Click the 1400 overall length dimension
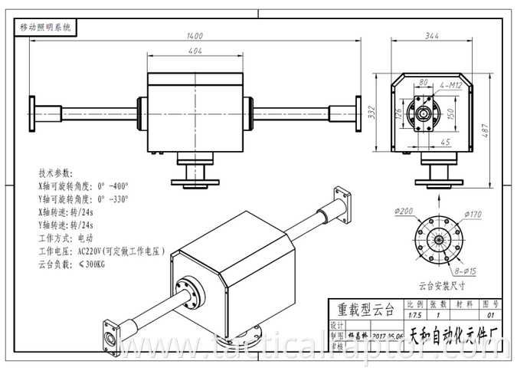(195, 35)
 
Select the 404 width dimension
(195, 51)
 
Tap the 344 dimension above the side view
(433, 35)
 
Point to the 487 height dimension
(506, 133)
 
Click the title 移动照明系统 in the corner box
(44, 26)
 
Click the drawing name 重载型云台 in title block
(366, 310)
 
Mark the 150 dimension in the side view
(450, 113)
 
